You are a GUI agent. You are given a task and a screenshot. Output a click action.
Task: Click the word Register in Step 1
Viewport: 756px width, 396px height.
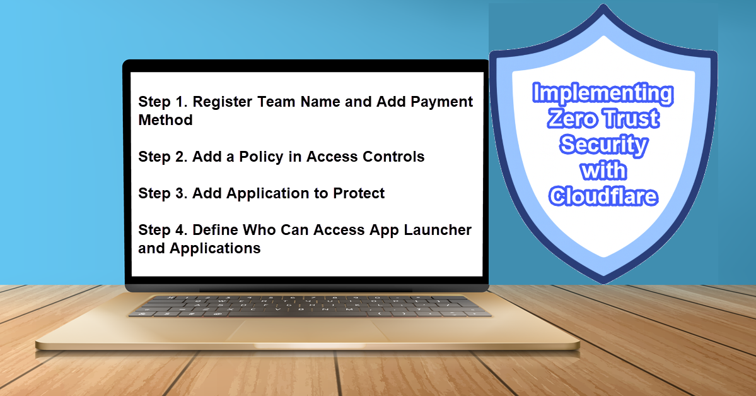coord(223,102)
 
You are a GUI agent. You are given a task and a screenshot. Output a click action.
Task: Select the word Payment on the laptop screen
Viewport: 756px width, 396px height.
coord(441,102)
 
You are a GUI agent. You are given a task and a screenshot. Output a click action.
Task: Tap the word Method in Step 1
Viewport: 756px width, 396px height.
coord(165,120)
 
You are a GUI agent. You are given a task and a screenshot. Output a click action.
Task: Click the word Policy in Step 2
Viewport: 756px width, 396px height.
coord(261,157)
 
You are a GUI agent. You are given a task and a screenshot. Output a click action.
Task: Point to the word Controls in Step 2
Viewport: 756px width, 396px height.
coord(393,157)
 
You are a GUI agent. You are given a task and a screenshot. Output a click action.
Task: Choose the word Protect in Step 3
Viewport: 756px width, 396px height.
coord(359,193)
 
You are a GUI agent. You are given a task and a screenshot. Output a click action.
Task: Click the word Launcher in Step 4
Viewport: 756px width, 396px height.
coord(438,230)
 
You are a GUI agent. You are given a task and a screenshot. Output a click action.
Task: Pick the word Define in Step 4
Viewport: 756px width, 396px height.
coord(215,230)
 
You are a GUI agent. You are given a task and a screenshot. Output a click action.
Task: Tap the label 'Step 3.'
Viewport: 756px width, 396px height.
coord(163,193)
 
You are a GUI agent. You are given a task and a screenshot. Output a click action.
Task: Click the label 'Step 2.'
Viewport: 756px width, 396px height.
coord(163,157)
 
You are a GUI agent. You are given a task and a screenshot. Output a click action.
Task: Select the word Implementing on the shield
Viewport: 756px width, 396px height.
coord(603,93)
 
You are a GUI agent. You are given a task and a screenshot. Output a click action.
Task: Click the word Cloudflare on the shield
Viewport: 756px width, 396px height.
coord(603,196)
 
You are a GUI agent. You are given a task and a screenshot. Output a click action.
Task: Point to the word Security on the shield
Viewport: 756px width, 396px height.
coord(603,145)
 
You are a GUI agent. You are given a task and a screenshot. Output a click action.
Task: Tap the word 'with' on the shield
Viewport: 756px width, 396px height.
coord(603,171)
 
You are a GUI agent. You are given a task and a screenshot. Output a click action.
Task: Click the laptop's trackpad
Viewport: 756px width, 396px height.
coord(308,330)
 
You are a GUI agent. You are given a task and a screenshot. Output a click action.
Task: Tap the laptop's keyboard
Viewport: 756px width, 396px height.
coord(310,306)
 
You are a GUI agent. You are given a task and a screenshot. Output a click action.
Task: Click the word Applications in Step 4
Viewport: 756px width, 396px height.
coord(215,249)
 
